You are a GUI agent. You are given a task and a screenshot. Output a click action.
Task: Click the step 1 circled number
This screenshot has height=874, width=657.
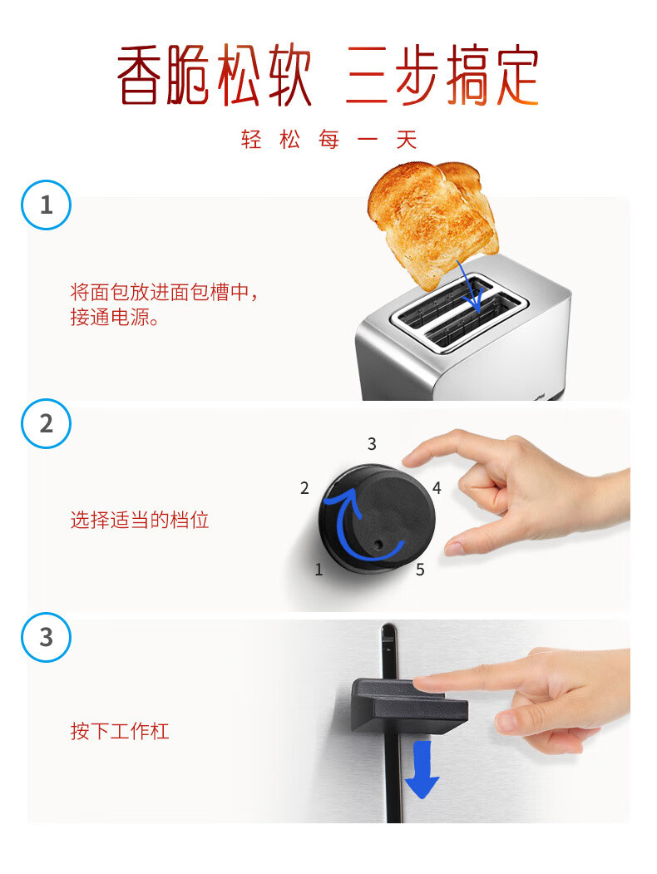click(46, 205)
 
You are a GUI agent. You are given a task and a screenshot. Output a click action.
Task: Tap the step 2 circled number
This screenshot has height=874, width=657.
click(46, 423)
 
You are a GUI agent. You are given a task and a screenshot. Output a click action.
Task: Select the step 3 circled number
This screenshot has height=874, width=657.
click(46, 637)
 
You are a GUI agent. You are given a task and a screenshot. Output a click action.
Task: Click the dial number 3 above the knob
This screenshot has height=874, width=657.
click(372, 444)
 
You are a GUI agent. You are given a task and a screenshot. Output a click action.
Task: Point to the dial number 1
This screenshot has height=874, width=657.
click(319, 569)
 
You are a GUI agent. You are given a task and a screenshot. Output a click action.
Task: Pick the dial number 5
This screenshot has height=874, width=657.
click(420, 570)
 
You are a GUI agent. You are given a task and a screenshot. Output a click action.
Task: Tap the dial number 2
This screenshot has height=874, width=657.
click(304, 487)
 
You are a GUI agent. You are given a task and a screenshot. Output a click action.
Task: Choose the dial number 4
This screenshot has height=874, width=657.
click(437, 487)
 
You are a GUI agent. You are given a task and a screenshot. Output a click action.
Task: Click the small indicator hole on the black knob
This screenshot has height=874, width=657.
click(379, 544)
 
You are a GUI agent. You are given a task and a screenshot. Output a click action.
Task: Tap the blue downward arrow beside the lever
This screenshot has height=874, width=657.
click(422, 769)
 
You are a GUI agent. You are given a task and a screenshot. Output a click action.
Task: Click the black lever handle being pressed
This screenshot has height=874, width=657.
click(409, 705)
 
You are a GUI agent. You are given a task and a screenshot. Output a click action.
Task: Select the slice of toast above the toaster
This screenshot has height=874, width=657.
click(432, 223)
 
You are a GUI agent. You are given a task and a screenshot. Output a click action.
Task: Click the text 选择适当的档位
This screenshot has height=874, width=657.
click(140, 520)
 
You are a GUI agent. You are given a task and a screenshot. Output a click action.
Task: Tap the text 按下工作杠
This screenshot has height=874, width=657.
click(119, 731)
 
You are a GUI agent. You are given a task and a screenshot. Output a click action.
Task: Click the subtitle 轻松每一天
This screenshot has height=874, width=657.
click(328, 140)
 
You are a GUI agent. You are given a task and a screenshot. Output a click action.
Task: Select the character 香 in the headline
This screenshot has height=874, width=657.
click(140, 75)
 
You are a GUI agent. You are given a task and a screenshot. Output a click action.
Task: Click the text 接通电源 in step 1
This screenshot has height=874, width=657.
click(110, 317)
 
